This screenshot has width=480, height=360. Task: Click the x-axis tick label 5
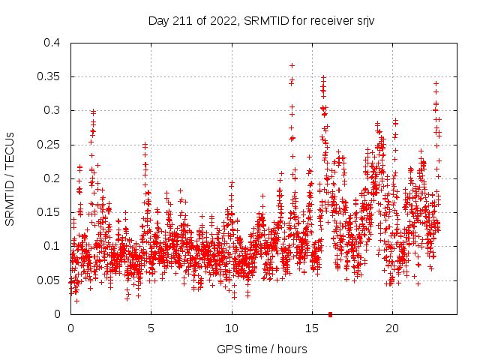click(151, 328)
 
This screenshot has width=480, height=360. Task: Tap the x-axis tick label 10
click(231, 328)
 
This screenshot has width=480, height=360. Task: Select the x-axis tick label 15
click(311, 328)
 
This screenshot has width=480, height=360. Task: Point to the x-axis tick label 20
click(391, 328)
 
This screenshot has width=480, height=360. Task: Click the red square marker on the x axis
click(330, 314)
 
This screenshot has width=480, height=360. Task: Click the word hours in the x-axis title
click(292, 349)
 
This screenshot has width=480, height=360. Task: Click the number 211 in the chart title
click(185, 20)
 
